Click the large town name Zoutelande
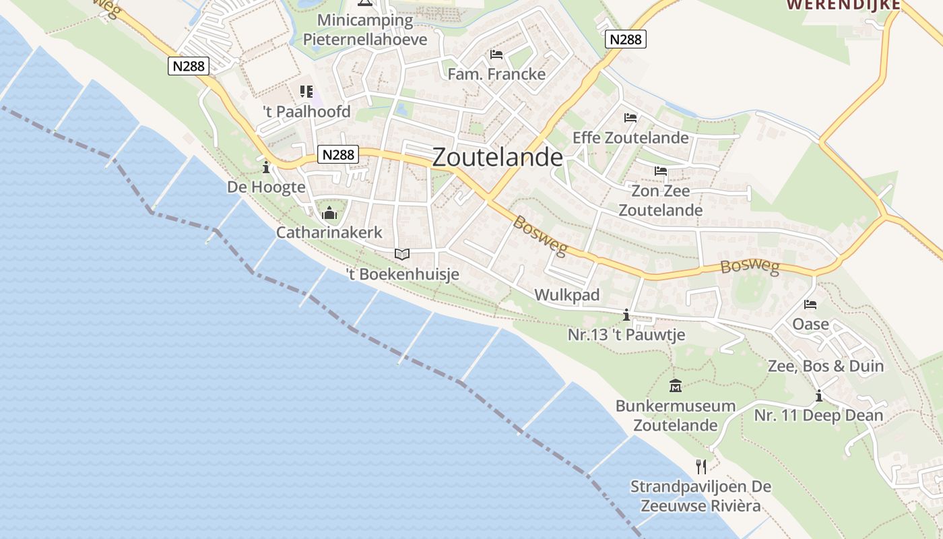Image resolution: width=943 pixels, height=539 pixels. point(497,157)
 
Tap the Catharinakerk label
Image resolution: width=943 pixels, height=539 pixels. point(329,232)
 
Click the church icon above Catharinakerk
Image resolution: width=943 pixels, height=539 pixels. point(329,214)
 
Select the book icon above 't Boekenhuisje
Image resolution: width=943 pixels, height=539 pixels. point(402,254)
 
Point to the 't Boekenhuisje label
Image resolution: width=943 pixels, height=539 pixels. point(402,274)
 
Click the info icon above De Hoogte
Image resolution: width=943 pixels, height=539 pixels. point(266,166)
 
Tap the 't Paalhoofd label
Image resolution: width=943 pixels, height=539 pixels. point(306,112)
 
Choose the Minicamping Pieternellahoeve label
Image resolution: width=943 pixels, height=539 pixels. point(365,30)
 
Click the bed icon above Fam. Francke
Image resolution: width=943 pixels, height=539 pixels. point(496,54)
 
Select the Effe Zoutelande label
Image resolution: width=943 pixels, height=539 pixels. point(630,137)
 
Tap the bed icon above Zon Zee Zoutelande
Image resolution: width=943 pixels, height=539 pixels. point(660,171)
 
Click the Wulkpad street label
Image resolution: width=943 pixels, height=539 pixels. point(566,295)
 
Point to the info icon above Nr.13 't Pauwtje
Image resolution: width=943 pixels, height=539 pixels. point(626,315)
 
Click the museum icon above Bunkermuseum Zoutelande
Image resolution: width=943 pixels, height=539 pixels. point(676,386)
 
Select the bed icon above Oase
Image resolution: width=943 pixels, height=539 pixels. point(810,305)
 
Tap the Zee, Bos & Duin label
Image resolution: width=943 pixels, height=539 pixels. point(826,366)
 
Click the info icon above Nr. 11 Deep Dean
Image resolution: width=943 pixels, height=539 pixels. point(819,395)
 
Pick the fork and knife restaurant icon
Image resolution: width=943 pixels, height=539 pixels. point(701,466)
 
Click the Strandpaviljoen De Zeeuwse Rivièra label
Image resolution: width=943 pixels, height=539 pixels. point(701,496)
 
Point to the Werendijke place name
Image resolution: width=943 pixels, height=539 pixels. point(843,5)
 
